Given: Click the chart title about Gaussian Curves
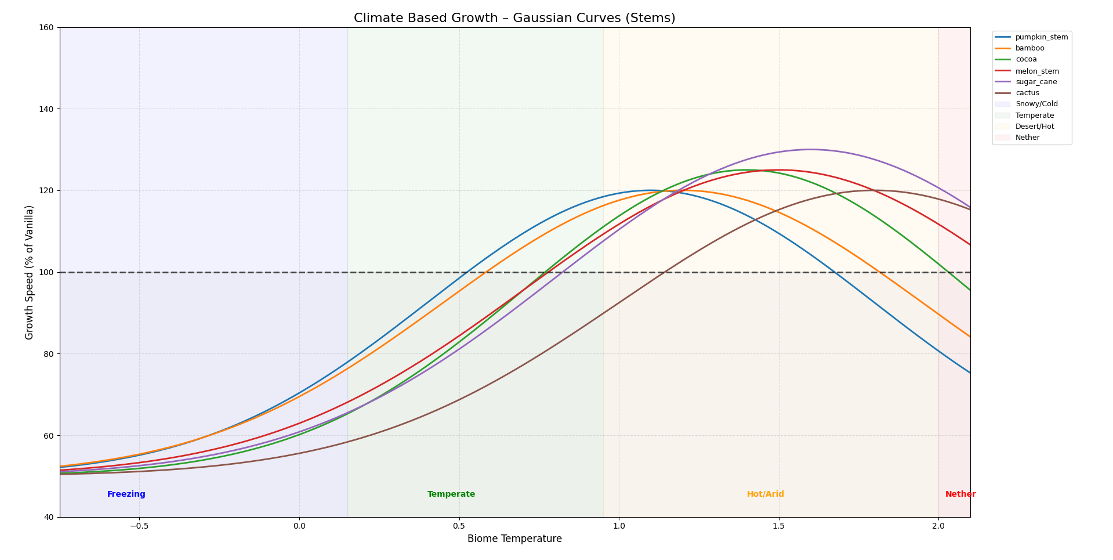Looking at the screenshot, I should coord(514,18).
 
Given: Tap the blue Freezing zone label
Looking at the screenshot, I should coord(126,494).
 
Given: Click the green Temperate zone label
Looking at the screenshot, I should coord(451,494).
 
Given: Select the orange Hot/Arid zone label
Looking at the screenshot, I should coord(765,494).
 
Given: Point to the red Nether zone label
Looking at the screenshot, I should coord(960,494).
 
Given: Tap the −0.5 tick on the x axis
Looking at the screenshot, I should coord(139,526).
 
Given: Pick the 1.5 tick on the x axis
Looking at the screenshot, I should coord(779,526).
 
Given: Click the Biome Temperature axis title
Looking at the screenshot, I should coord(514,539).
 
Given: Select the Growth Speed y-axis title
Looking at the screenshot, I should coord(30,272).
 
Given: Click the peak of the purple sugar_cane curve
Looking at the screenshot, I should coord(810,150).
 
